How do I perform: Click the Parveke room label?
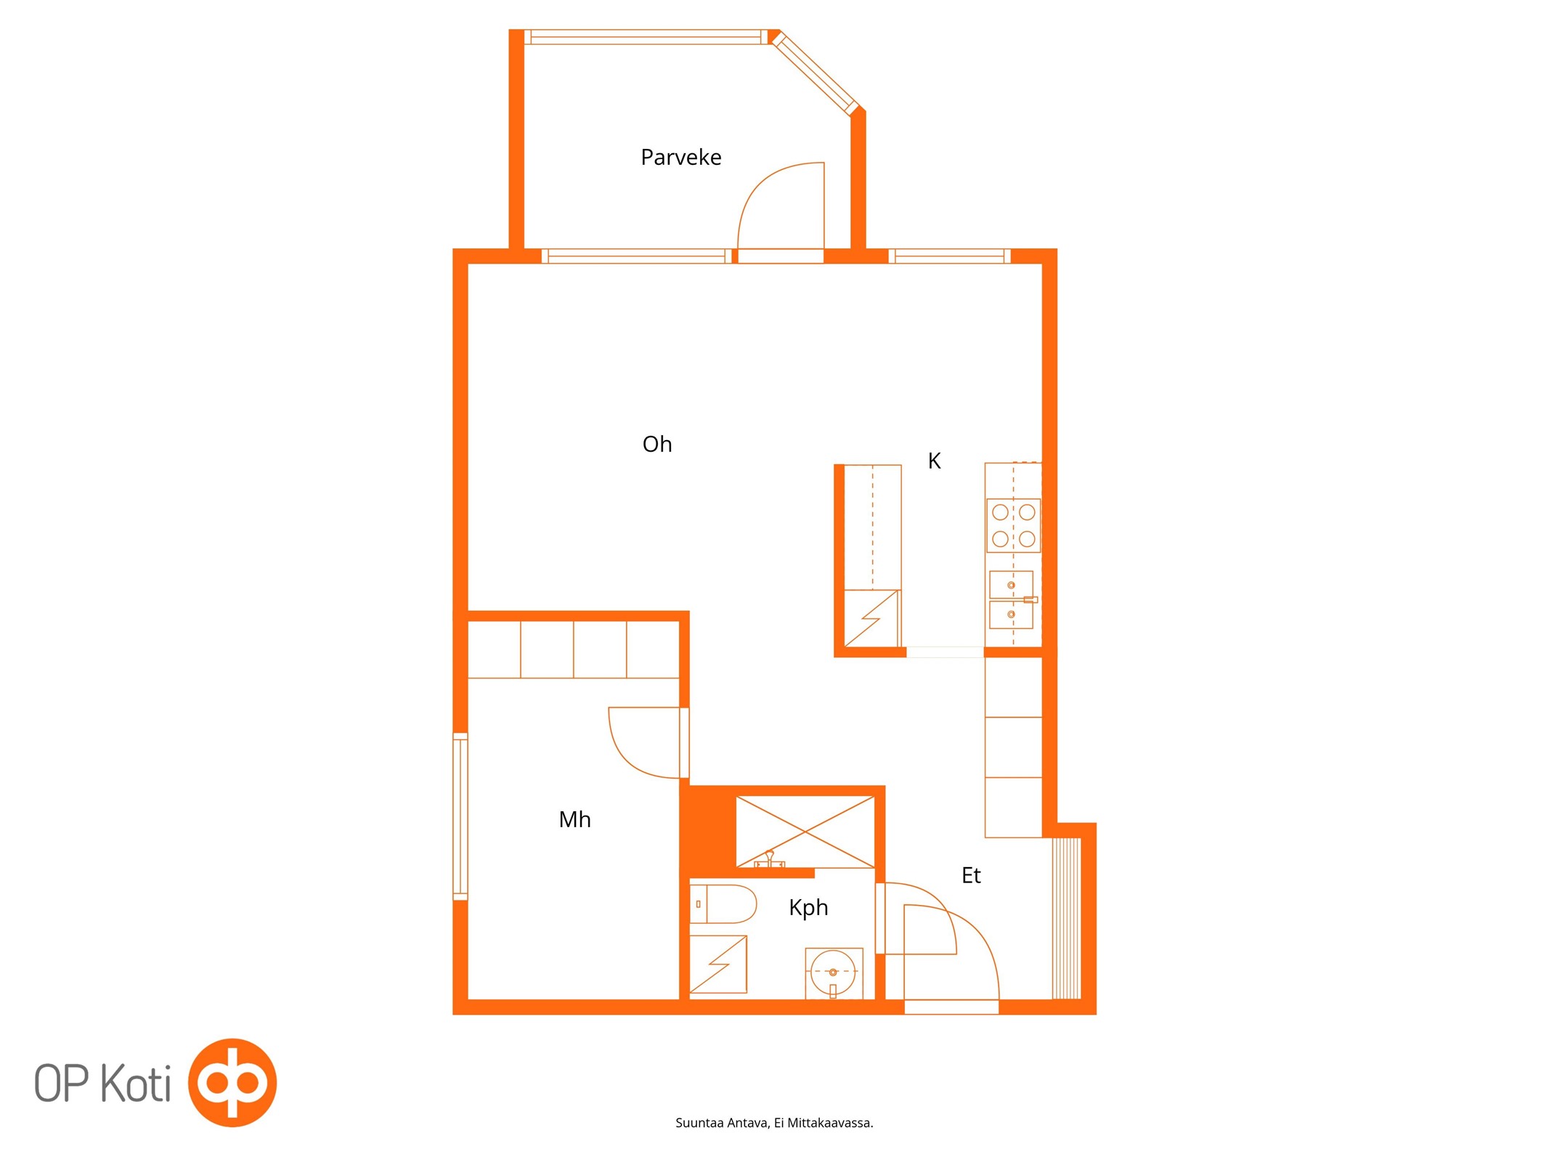point(680,158)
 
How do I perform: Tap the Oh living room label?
point(657,444)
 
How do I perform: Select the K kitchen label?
point(935,460)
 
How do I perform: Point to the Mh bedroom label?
point(574,819)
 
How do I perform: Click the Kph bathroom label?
point(808,908)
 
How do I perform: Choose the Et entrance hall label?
point(971,875)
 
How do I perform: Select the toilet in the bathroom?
point(723,903)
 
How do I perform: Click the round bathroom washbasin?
point(833,972)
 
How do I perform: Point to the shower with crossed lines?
point(805,832)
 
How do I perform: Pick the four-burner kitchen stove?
point(1013,525)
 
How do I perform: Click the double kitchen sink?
point(1012,599)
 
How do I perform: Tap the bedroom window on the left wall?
point(460,817)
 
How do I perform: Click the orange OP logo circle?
point(232,1082)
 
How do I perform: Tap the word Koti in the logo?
point(135,1084)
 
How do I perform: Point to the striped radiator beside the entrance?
point(1066,919)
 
